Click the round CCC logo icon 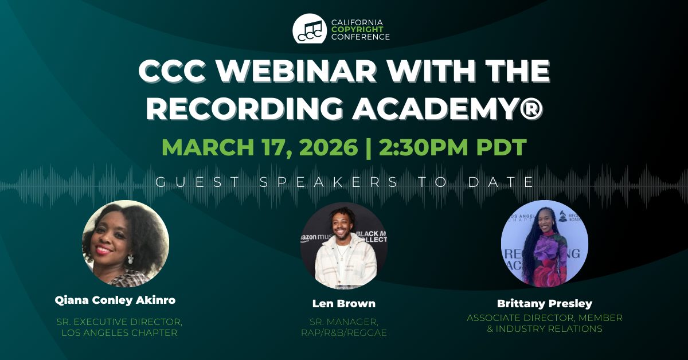[309, 29]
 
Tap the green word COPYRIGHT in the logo [357, 29]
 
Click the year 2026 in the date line [329, 147]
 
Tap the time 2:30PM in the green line [423, 147]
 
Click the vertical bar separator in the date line [368, 148]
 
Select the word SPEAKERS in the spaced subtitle [329, 182]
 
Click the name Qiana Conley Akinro [115, 300]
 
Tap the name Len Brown [343, 303]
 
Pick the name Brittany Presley [545, 303]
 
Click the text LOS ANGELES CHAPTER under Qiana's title [119, 332]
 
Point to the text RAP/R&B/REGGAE [343, 332]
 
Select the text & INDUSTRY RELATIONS [545, 328]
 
